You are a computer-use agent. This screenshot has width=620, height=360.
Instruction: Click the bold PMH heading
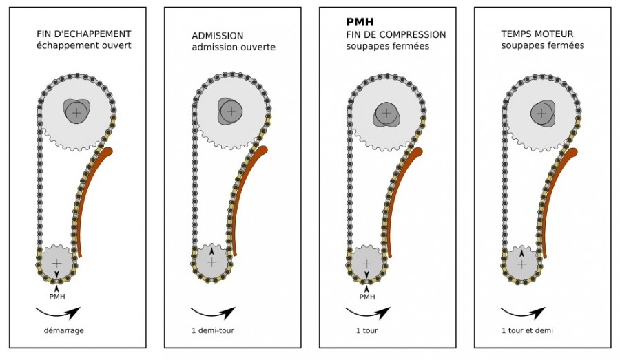pos(360,22)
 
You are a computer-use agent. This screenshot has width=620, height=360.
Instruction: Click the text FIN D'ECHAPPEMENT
pos(84,34)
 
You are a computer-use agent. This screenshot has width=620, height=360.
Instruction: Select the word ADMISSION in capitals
pos(218,36)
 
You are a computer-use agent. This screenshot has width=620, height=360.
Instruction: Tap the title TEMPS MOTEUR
pos(537,34)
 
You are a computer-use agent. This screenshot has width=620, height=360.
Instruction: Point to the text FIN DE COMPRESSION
pos(396,35)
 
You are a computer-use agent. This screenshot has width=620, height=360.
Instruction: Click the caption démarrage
pos(63,330)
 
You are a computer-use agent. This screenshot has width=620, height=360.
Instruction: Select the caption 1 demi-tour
pos(213,330)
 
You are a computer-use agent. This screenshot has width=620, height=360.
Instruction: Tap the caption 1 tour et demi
pos(527,330)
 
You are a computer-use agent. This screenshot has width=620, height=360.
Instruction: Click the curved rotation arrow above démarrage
pos(58,315)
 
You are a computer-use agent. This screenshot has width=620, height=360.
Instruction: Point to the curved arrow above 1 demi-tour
pos(213,315)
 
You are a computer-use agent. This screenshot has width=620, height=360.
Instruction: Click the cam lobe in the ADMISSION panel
pos(226,112)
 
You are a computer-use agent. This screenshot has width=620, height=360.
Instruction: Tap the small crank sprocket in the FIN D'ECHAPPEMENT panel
pos(57,264)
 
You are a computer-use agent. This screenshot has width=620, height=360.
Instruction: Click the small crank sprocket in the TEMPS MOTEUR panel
pos(522,264)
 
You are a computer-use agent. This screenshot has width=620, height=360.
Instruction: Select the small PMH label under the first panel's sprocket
pos(57,297)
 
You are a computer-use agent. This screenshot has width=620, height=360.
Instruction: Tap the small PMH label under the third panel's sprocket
pos(367,297)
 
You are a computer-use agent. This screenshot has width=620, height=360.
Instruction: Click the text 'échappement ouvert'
pos(84,45)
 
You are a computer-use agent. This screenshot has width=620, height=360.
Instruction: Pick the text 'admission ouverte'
pos(234,47)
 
